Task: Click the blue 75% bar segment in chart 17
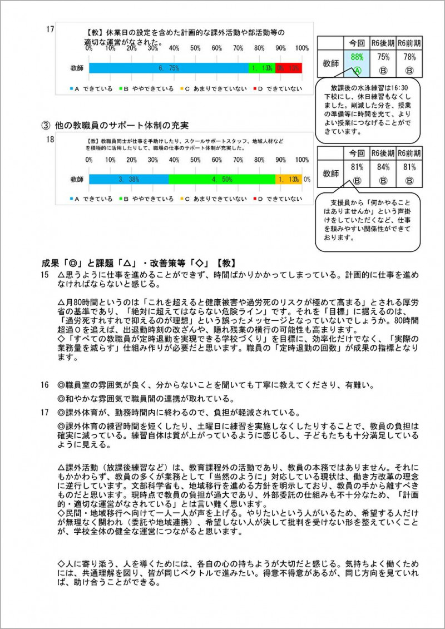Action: click(x=168, y=68)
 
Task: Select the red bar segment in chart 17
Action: click(x=289, y=68)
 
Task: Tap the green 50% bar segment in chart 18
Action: click(x=221, y=179)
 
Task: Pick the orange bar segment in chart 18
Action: click(x=288, y=179)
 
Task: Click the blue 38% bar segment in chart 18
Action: click(x=128, y=179)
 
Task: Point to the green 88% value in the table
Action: click(x=357, y=56)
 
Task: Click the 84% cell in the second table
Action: click(x=383, y=166)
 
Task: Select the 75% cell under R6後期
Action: click(x=383, y=56)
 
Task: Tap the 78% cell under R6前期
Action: click(x=409, y=56)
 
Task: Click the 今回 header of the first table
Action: click(x=357, y=42)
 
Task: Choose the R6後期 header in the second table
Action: click(x=383, y=153)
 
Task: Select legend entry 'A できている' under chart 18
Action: click(x=91, y=199)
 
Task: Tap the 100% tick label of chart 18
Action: click(x=301, y=160)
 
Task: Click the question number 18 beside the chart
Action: click(x=50, y=140)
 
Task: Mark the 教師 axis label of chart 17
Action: click(x=77, y=68)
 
